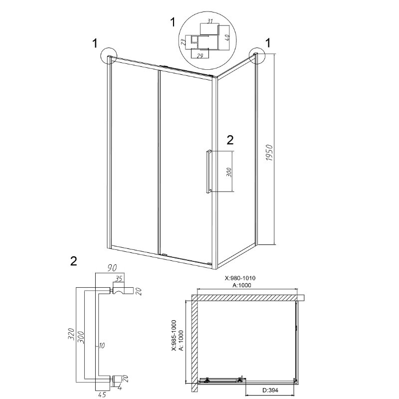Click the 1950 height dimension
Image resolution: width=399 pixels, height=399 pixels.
click(269, 153)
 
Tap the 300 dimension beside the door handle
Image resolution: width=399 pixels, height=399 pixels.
click(229, 172)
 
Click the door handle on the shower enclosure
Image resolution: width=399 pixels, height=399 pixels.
click(208, 171)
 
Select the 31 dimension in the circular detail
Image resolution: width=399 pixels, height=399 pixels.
click(209, 21)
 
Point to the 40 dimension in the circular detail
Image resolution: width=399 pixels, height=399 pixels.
click(227, 37)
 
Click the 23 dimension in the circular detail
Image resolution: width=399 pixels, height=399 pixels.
click(183, 42)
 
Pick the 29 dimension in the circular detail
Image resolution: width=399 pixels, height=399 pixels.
click(200, 56)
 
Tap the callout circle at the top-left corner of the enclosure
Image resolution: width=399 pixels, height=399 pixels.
click(109, 55)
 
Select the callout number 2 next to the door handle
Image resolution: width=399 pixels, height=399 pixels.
click(230, 140)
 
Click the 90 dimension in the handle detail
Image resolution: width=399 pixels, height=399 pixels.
click(112, 268)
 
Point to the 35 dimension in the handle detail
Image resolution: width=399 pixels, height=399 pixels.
click(118, 278)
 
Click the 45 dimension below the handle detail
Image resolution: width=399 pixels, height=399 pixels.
click(102, 395)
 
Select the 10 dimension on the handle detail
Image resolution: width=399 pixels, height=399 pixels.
click(102, 345)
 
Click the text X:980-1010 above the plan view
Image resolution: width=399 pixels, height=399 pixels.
click(240, 278)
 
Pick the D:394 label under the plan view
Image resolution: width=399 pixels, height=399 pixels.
click(270, 390)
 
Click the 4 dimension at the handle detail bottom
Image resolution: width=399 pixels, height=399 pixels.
click(120, 389)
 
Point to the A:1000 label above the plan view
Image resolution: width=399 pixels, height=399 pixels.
click(241, 285)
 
